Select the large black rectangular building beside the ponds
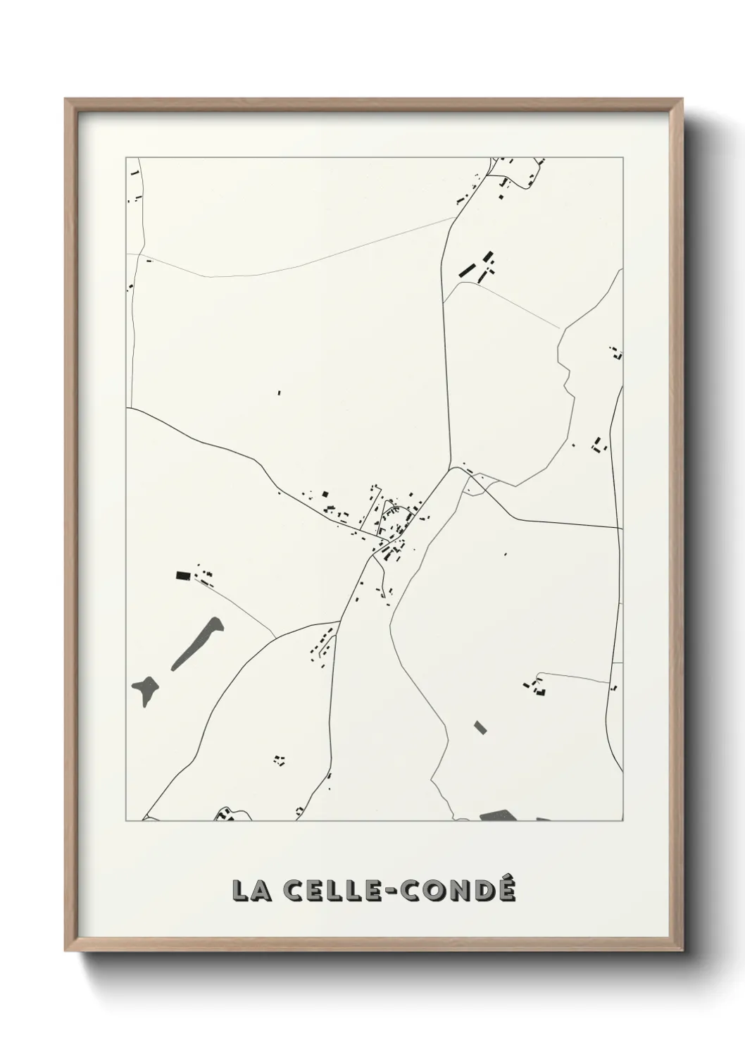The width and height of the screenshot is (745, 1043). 183,575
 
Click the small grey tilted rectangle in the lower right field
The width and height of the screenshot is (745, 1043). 480,727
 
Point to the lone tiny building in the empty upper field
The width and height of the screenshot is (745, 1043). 278,393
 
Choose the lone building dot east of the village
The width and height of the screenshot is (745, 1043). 506,555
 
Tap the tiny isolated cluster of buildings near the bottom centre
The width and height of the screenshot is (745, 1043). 280,760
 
